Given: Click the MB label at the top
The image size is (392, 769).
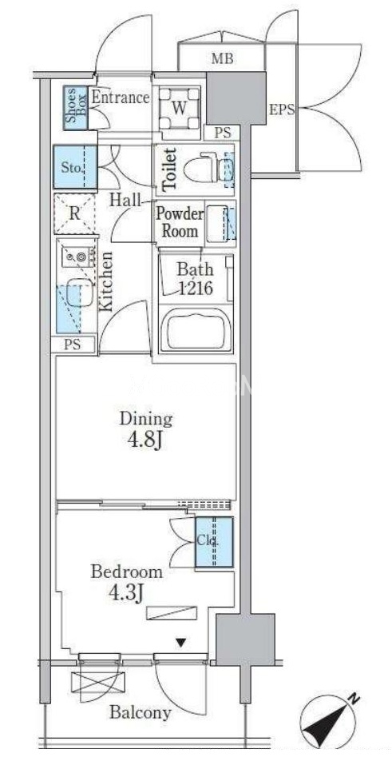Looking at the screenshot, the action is tap(222, 59).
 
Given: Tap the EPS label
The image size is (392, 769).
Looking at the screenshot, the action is tap(283, 110).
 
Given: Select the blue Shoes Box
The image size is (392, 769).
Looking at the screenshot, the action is tap(76, 108).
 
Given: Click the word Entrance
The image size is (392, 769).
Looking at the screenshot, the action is tap(121, 97).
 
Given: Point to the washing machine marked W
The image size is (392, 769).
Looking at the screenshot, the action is tap(180, 108).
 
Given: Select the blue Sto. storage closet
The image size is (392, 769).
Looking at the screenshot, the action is tap(75, 167).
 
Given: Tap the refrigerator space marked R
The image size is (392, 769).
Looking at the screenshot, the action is tap(74, 213).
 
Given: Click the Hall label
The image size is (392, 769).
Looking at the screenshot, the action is tap(125, 200).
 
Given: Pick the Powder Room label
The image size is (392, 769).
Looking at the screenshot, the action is tap(180, 222).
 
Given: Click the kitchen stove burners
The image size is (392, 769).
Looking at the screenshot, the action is tap(78, 256).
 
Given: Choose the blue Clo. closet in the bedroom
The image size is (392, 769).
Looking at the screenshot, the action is tap(214, 543).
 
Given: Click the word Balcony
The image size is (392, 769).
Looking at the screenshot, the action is tap(141, 712).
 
